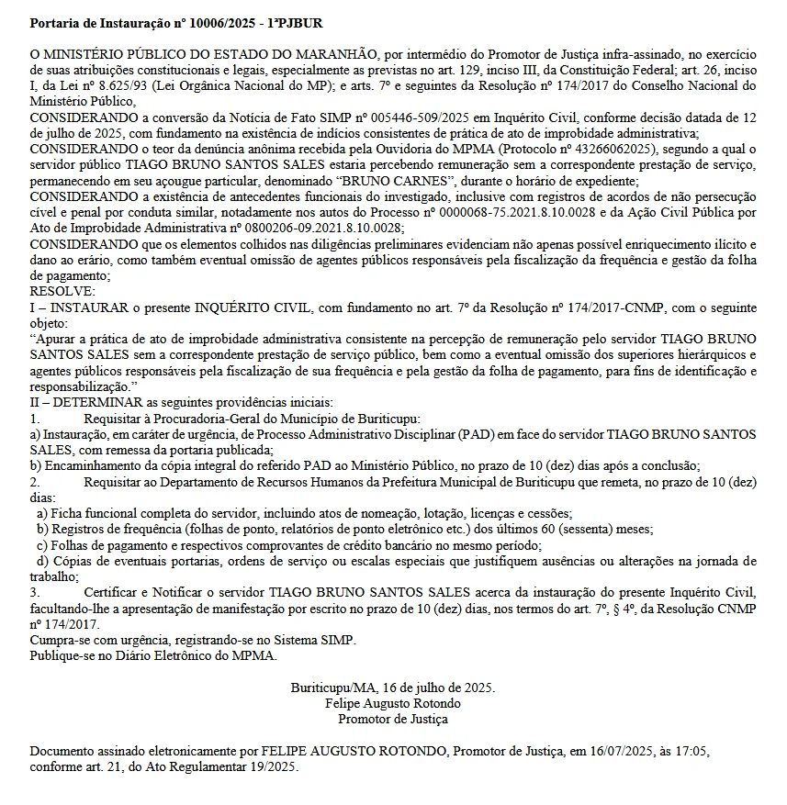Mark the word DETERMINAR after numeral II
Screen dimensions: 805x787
(95, 402)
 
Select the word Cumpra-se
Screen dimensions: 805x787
(60, 640)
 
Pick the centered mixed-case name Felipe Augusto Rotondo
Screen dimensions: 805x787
(393, 703)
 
